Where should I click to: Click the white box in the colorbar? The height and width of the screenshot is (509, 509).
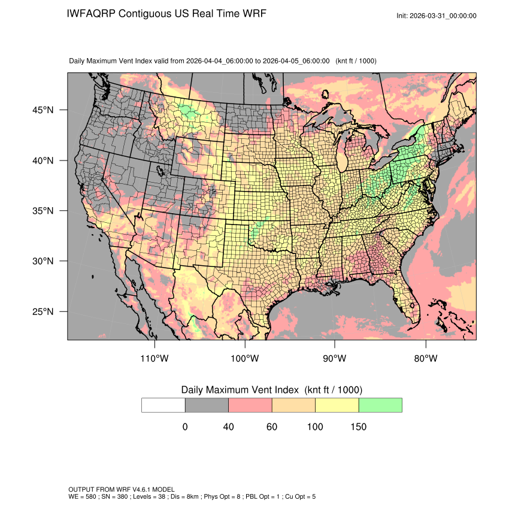pyautogui.click(x=163, y=405)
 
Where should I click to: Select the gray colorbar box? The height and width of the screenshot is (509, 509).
pyautogui.click(x=207, y=405)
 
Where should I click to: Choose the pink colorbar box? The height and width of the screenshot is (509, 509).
pyautogui.click(x=250, y=405)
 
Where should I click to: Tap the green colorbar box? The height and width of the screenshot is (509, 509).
pyautogui.click(x=380, y=405)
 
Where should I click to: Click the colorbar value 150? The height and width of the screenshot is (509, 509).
pyautogui.click(x=358, y=427)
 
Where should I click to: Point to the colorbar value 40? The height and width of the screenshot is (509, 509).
pyautogui.click(x=228, y=427)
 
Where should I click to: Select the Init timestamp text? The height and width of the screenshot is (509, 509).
pyautogui.click(x=437, y=16)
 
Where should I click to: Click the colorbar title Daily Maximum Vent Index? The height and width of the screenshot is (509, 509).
pyautogui.click(x=240, y=390)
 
